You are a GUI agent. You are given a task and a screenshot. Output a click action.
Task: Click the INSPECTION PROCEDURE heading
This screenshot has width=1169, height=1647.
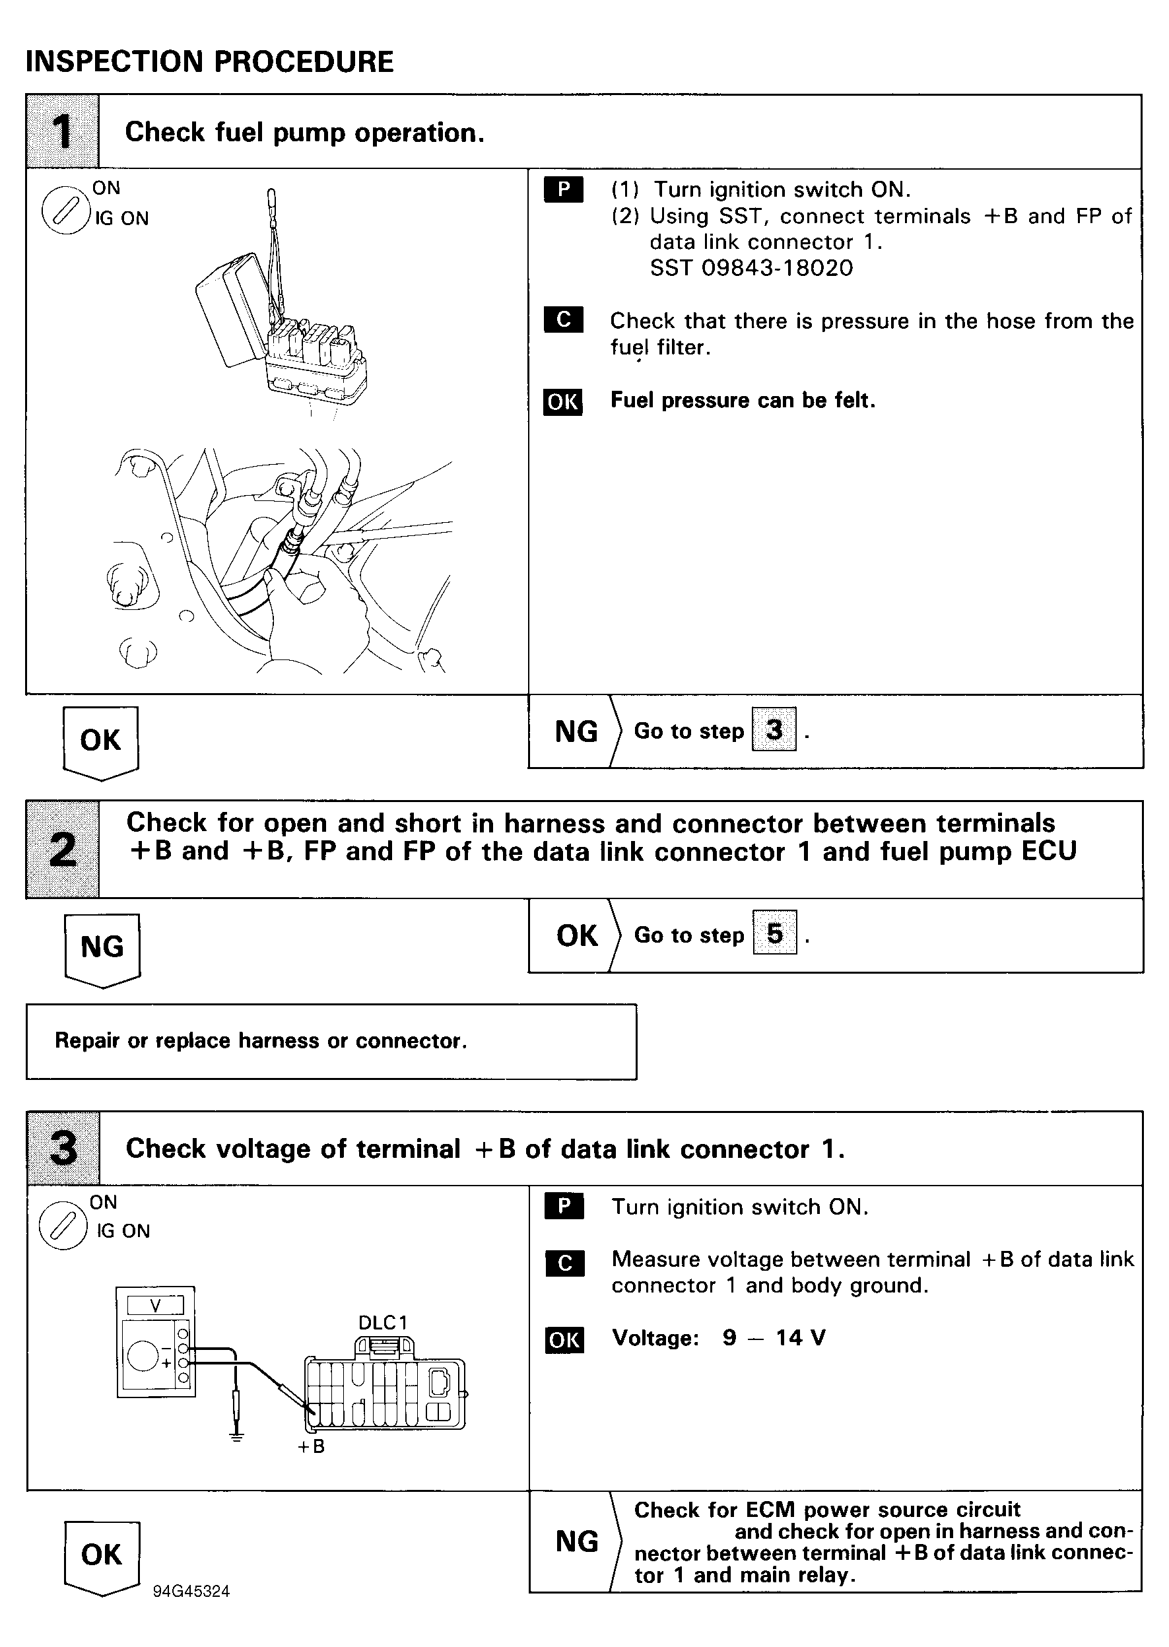[x=209, y=62]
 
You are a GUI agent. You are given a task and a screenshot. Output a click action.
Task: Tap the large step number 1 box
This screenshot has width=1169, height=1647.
[x=63, y=132]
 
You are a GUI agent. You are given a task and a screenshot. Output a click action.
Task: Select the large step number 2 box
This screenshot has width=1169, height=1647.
[x=63, y=850]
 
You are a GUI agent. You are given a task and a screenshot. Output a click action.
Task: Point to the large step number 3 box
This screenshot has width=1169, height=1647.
[x=63, y=1148]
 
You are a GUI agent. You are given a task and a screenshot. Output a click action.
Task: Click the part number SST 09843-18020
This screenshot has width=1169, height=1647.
[x=751, y=268]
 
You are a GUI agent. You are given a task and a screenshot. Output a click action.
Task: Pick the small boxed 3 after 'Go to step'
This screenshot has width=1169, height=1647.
[x=774, y=729]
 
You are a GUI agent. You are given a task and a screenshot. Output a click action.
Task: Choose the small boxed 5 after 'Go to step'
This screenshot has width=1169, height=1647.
[x=774, y=933]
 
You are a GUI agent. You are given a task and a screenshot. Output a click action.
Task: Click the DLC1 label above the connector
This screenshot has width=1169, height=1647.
[x=382, y=1322]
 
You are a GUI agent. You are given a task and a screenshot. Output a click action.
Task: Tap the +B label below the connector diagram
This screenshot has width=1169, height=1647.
[x=311, y=1447]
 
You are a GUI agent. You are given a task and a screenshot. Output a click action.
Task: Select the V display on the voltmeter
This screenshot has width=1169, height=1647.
[x=156, y=1305]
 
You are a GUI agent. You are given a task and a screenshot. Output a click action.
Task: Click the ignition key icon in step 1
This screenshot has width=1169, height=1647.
[x=65, y=212]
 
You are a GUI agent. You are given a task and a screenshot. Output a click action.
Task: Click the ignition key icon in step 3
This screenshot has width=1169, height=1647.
[x=63, y=1226]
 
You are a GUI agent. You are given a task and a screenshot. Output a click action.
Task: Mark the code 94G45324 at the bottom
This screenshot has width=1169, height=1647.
[x=191, y=1592]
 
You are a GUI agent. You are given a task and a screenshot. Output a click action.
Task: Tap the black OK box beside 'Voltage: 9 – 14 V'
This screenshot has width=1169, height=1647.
[x=564, y=1339]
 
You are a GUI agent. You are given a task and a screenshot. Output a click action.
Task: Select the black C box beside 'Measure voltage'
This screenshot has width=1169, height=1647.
[x=564, y=1262]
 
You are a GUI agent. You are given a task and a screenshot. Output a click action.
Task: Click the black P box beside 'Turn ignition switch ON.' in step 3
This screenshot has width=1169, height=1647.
[x=564, y=1206]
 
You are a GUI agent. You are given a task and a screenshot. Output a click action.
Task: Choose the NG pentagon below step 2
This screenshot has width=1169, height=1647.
[x=102, y=949]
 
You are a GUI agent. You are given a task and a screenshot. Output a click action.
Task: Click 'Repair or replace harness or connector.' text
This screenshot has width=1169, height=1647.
[x=261, y=1041]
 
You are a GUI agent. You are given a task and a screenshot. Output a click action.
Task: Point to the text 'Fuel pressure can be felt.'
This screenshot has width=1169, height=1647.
[x=742, y=400]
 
